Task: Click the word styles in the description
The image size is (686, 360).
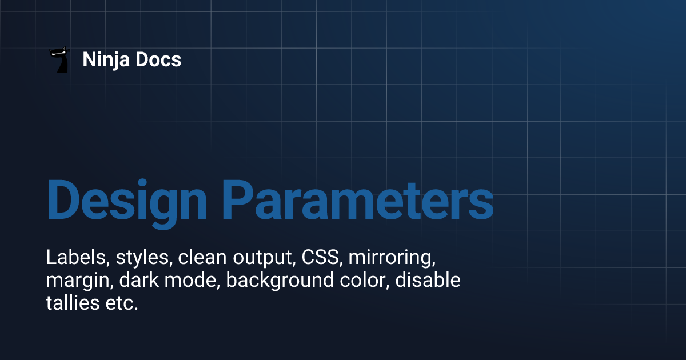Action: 143,258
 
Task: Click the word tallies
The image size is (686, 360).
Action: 72,303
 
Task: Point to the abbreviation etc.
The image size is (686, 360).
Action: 121,304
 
